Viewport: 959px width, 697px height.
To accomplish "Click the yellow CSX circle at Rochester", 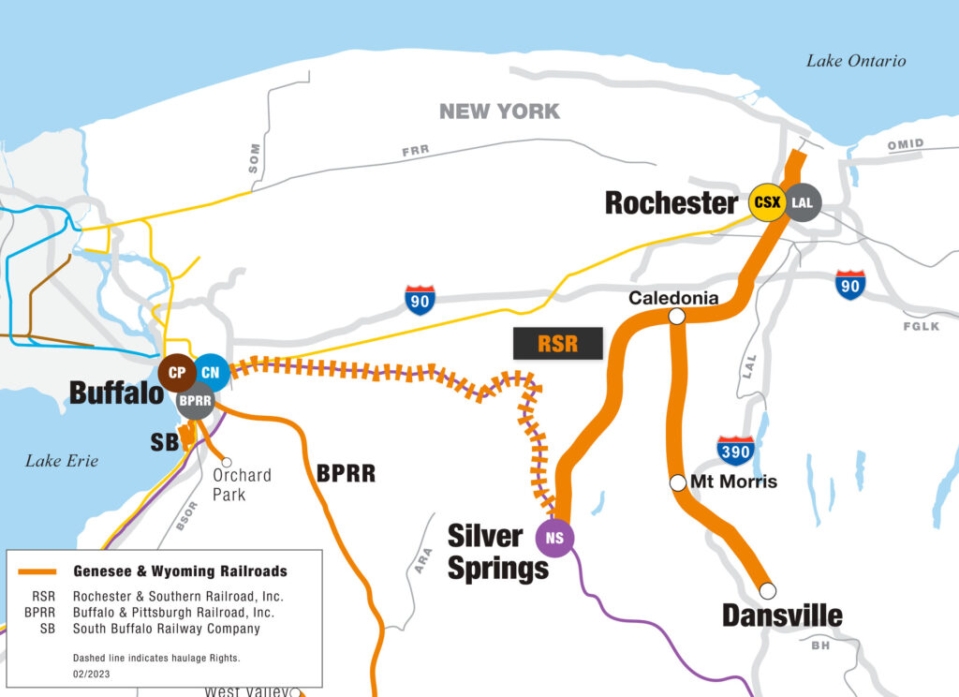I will coord(767,202).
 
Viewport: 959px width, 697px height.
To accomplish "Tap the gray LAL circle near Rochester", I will coord(803,202).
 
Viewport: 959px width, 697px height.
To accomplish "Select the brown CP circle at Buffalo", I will coord(177,373).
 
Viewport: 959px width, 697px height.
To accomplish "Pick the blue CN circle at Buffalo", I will coord(211,373).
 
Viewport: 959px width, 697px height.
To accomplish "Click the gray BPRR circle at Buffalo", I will coord(196,400).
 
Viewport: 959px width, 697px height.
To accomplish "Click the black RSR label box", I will coord(557,344).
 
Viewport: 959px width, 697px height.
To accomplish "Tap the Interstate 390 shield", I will coord(735,451).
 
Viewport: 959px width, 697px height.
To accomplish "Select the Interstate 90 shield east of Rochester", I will coord(849,284).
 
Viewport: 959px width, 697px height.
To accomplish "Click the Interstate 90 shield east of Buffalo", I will coord(420,300).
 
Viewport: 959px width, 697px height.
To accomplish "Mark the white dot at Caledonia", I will coord(676,318).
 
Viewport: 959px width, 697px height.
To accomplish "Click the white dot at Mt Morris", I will coord(677,482).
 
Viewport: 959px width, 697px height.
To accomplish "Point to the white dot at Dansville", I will coord(767,590).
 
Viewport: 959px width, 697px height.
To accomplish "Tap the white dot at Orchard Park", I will coord(226,461).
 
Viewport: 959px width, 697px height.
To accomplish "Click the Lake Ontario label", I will coord(856,61).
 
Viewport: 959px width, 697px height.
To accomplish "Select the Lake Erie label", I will coord(62,460).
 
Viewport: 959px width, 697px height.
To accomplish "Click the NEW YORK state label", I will coord(499,111).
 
